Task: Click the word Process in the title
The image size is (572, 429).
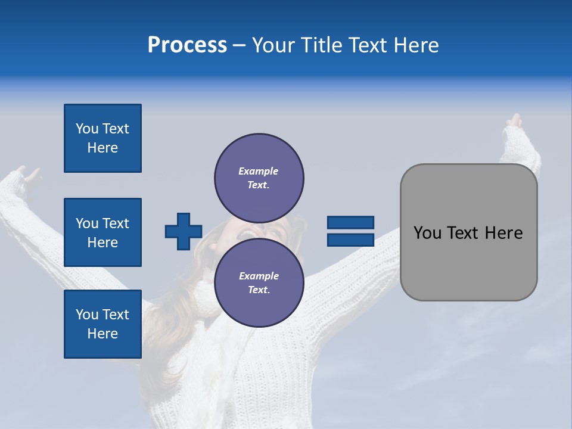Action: [187, 45]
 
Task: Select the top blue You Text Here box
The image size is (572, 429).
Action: [102, 138]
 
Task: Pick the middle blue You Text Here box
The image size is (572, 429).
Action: [102, 232]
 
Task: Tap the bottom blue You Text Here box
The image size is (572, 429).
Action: [102, 324]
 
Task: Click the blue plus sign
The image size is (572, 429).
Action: [184, 231]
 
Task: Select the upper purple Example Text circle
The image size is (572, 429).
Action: [259, 178]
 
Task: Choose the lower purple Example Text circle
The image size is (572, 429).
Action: [259, 282]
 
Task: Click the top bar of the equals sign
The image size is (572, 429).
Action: [350, 222]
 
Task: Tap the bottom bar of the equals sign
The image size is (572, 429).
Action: [350, 240]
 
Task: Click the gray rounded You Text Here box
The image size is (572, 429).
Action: [468, 232]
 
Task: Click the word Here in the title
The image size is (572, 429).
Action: [415, 45]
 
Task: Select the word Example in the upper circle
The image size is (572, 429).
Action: [258, 171]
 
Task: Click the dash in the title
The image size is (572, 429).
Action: [239, 45]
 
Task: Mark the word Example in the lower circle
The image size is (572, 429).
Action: [259, 276]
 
